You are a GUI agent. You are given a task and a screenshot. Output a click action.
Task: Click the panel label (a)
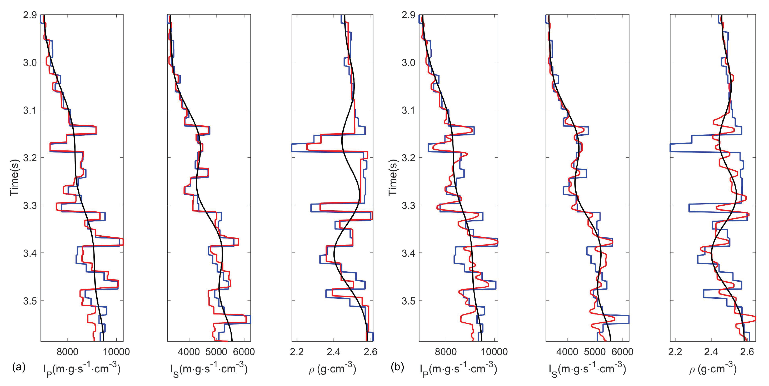(18, 367)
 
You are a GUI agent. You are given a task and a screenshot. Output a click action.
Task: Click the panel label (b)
(397, 367)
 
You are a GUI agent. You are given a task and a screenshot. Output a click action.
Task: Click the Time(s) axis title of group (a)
(14, 178)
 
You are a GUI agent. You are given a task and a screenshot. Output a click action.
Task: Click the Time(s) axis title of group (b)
(393, 178)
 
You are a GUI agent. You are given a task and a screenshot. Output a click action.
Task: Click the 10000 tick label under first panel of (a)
(116, 352)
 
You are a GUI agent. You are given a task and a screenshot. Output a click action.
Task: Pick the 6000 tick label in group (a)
(244, 352)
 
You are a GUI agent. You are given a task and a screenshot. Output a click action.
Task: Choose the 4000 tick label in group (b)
(567, 352)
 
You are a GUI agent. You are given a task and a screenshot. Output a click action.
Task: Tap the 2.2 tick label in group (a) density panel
(296, 352)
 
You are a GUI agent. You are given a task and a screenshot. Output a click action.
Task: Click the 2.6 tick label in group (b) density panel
(747, 352)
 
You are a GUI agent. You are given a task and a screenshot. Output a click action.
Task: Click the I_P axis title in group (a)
(82, 369)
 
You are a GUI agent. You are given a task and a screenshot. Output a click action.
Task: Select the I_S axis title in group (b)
(587, 369)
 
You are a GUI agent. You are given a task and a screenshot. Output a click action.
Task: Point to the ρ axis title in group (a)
(332, 369)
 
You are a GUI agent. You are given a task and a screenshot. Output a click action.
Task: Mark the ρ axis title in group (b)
(713, 369)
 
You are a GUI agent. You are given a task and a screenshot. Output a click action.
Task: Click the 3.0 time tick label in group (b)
(408, 62)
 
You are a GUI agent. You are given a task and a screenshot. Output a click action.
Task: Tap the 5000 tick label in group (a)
(216, 352)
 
